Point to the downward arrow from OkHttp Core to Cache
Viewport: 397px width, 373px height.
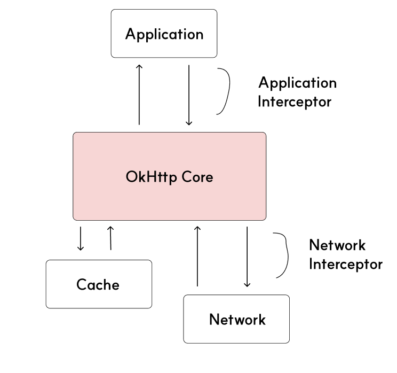point(81,238)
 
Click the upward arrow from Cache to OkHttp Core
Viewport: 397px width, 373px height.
point(110,238)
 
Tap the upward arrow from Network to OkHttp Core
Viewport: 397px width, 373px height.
point(197,256)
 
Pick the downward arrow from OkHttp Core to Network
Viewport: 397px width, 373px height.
point(247,257)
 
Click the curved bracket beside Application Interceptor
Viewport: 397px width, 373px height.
point(225,91)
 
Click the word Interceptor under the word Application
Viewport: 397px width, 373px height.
point(295,102)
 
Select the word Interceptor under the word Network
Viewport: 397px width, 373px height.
point(346,264)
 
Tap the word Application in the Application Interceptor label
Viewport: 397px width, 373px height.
point(297,83)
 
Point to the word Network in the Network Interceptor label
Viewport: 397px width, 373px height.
point(337,245)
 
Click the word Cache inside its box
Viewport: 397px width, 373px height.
point(98,284)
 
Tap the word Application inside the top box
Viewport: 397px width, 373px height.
point(164,34)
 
